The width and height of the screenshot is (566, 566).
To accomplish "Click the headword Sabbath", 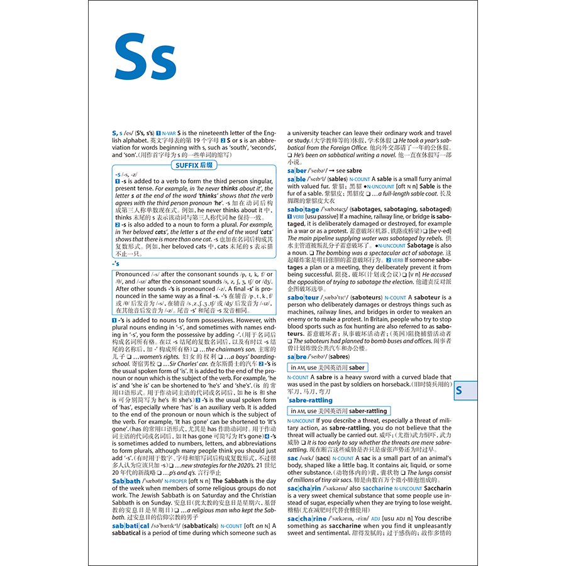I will tap(126, 481).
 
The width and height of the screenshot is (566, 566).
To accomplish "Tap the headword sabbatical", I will tap(131, 525).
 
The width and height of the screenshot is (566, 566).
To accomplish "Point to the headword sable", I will tap(296, 179).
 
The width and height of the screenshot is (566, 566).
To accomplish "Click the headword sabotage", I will tap(303, 209).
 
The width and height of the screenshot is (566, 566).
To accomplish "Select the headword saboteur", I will tap(303, 297).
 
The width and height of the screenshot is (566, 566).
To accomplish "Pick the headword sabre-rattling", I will tap(311, 400).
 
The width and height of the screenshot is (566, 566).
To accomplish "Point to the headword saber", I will tap(297, 170).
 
